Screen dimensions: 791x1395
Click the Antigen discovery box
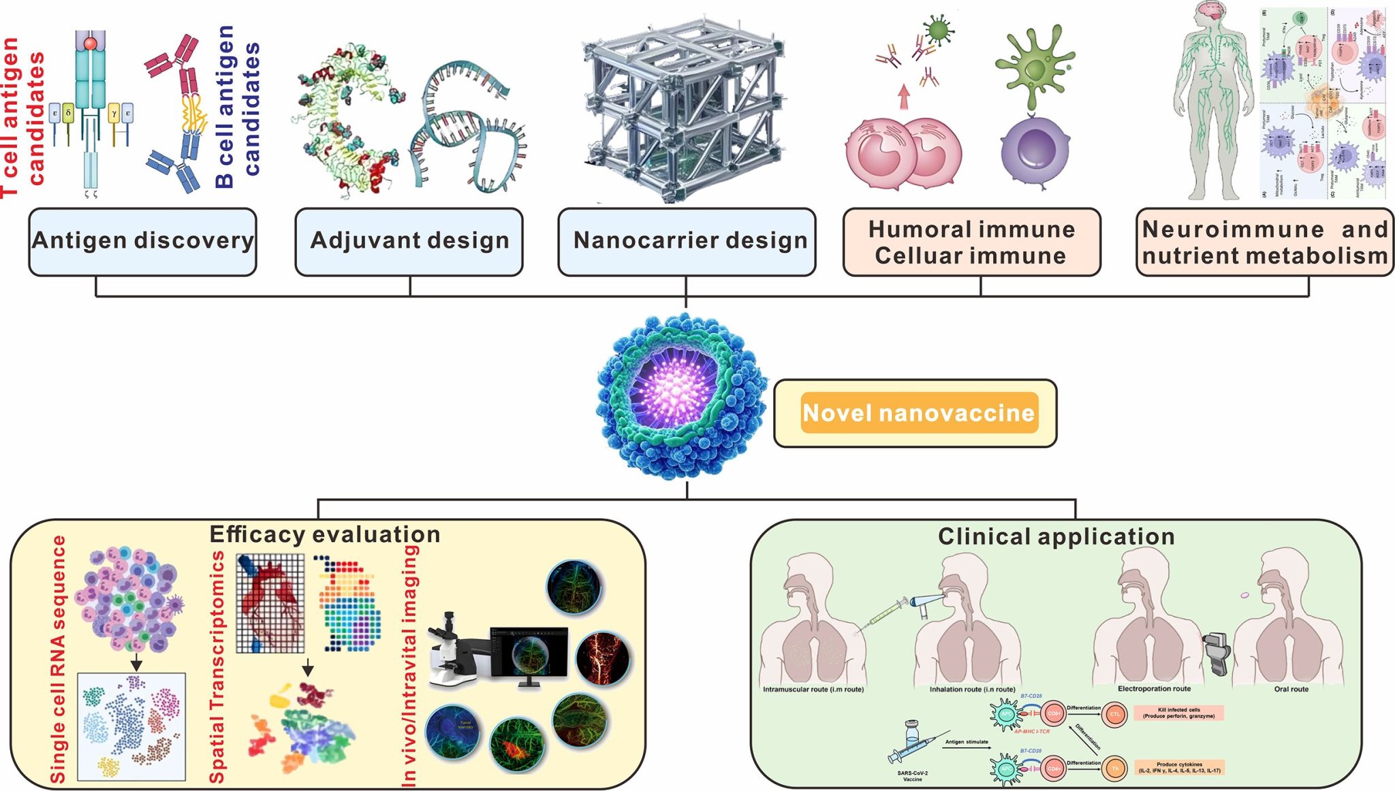[x=142, y=241]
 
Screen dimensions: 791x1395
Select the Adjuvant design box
[x=409, y=241]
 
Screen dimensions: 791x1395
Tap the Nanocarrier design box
[x=687, y=241]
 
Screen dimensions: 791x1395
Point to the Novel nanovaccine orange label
[x=919, y=413]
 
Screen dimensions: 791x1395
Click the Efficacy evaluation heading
[x=325, y=534]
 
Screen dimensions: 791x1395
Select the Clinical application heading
[x=1056, y=536]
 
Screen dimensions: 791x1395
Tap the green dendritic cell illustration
[x=1035, y=68]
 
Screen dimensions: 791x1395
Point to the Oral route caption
[x=1291, y=689]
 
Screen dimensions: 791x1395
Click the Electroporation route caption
[x=1154, y=689]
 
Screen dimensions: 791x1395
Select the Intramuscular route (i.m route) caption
[x=813, y=690]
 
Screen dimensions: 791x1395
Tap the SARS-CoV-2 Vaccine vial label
[x=912, y=776]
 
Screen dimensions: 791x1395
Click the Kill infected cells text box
[x=1178, y=713]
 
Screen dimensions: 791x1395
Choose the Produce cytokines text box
[x=1179, y=767]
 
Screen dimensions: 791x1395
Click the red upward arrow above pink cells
[x=904, y=97]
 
